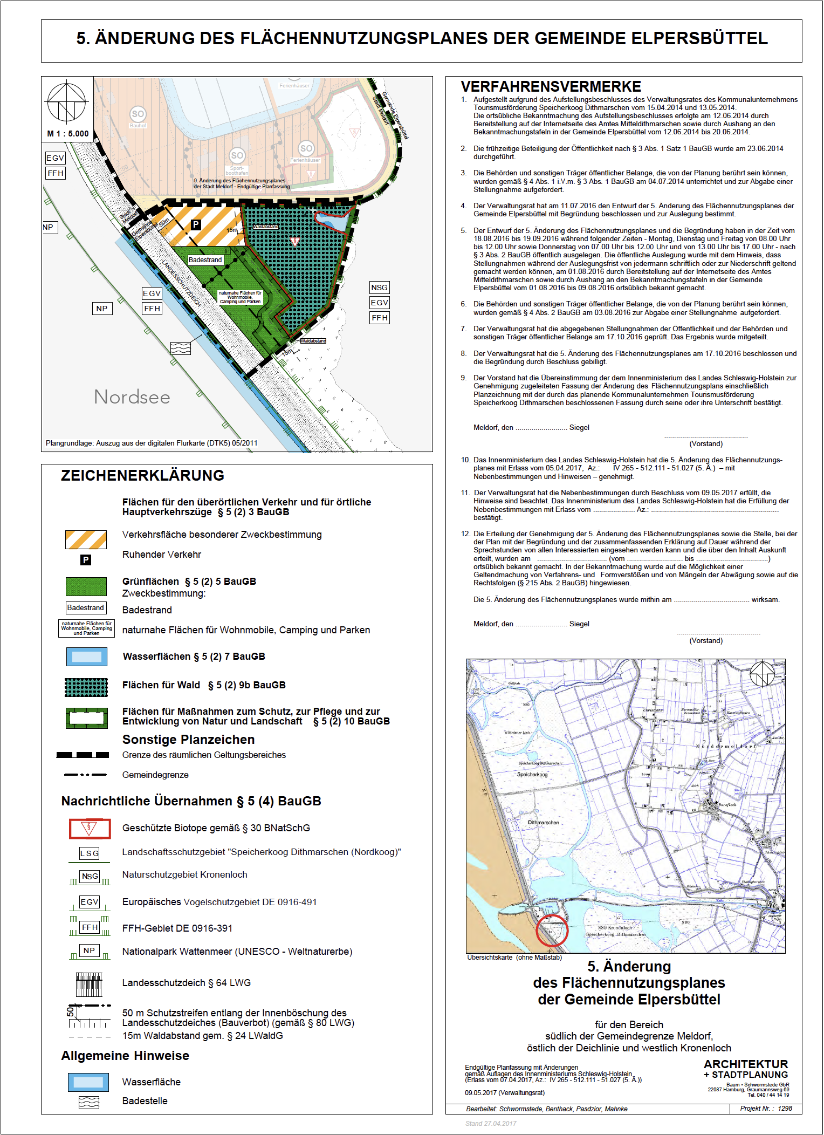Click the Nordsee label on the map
click(x=132, y=397)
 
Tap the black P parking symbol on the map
click(x=196, y=224)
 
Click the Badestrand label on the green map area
click(x=205, y=260)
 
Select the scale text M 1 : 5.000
click(x=68, y=134)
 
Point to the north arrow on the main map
click(x=67, y=102)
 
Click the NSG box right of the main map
click(x=379, y=288)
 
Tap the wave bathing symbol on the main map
click(x=181, y=348)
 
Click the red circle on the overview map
click(x=552, y=930)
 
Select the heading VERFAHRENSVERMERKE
click(x=551, y=87)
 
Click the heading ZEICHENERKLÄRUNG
click(x=142, y=475)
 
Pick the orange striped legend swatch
click(x=86, y=539)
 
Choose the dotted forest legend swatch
click(x=86, y=687)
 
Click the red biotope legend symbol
click(x=90, y=829)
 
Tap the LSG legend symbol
click(x=90, y=853)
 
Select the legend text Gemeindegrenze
click(x=155, y=775)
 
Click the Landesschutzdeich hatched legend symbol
click(x=90, y=984)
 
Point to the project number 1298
click(x=785, y=1109)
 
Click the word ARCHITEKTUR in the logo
click(x=745, y=1064)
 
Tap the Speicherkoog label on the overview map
click(x=532, y=774)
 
